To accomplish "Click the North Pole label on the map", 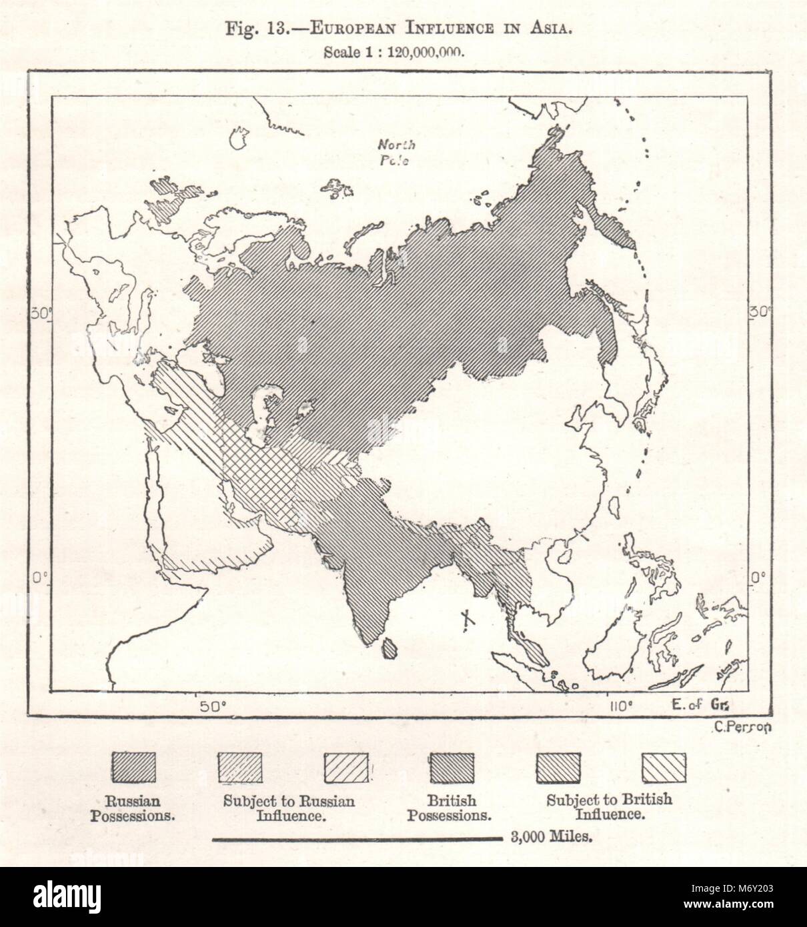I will pos(396,152).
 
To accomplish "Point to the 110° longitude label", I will pos(620,706).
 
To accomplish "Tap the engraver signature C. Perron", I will pos(742,728).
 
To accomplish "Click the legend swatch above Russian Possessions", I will pos(133,767).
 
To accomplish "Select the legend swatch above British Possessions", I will pos(452,767).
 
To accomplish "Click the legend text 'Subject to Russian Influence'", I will pos(289,807).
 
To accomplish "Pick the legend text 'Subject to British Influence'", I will pos(610,806).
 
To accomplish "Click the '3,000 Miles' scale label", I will pos(550,837).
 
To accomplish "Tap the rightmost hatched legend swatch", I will pos(663,767).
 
